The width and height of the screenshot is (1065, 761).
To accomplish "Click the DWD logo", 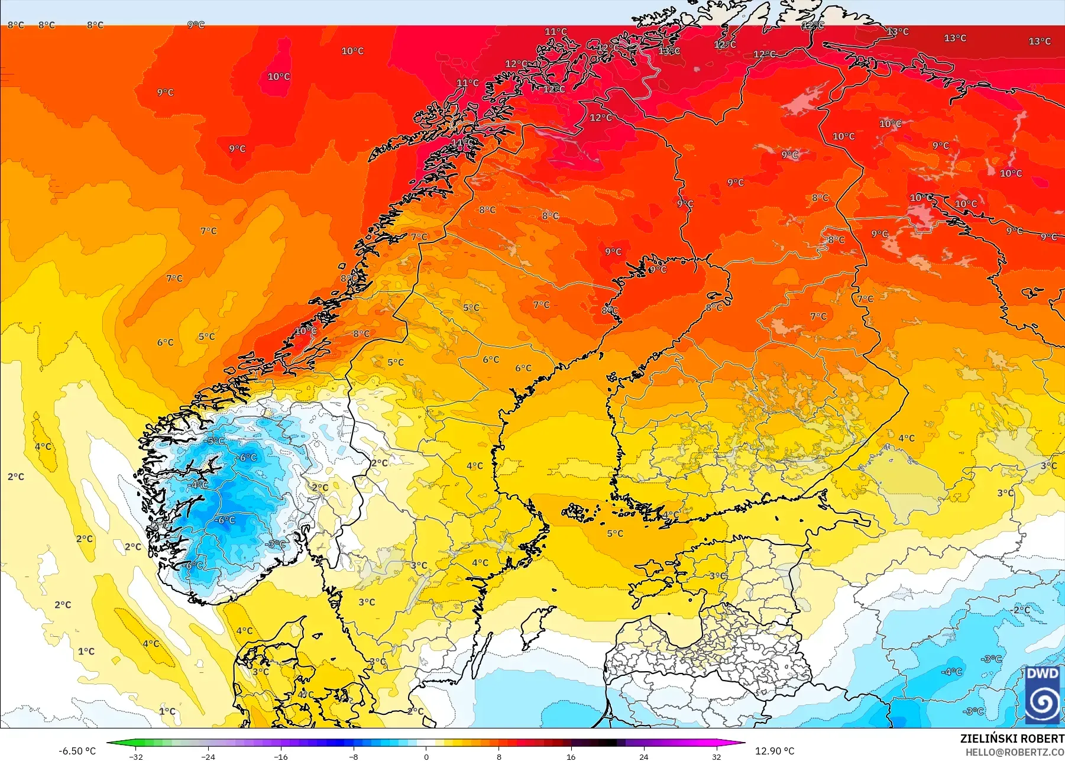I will pyautogui.click(x=1042, y=695).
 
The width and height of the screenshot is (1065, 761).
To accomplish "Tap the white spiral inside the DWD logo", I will pyautogui.click(x=1042, y=702).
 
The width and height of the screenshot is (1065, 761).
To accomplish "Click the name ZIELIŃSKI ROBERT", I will pyautogui.click(x=1012, y=739).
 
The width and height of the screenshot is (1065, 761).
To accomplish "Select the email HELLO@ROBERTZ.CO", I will pyautogui.click(x=1015, y=752).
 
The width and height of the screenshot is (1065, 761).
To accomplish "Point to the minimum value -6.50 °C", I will pyautogui.click(x=77, y=751).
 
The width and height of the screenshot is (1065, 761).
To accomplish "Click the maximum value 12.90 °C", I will pyautogui.click(x=775, y=751).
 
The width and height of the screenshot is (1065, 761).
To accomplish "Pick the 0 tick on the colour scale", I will pyautogui.click(x=426, y=756).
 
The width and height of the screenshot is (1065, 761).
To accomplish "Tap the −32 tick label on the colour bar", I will pyautogui.click(x=136, y=756).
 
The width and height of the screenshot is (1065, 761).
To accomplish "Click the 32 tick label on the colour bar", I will pyautogui.click(x=716, y=756).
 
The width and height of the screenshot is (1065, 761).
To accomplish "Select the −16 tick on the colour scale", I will pyautogui.click(x=281, y=756).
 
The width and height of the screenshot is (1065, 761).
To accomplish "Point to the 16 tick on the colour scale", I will pyautogui.click(x=571, y=756).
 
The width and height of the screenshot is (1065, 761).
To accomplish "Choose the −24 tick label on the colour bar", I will pyautogui.click(x=208, y=756).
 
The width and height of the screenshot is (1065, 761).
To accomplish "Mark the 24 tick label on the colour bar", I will pyautogui.click(x=643, y=756).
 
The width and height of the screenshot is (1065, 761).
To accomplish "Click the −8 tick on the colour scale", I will pyautogui.click(x=353, y=756).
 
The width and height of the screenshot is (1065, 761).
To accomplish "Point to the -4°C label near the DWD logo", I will pyautogui.click(x=951, y=672).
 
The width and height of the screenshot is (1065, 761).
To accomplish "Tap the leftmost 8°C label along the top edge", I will pyautogui.click(x=16, y=25).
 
